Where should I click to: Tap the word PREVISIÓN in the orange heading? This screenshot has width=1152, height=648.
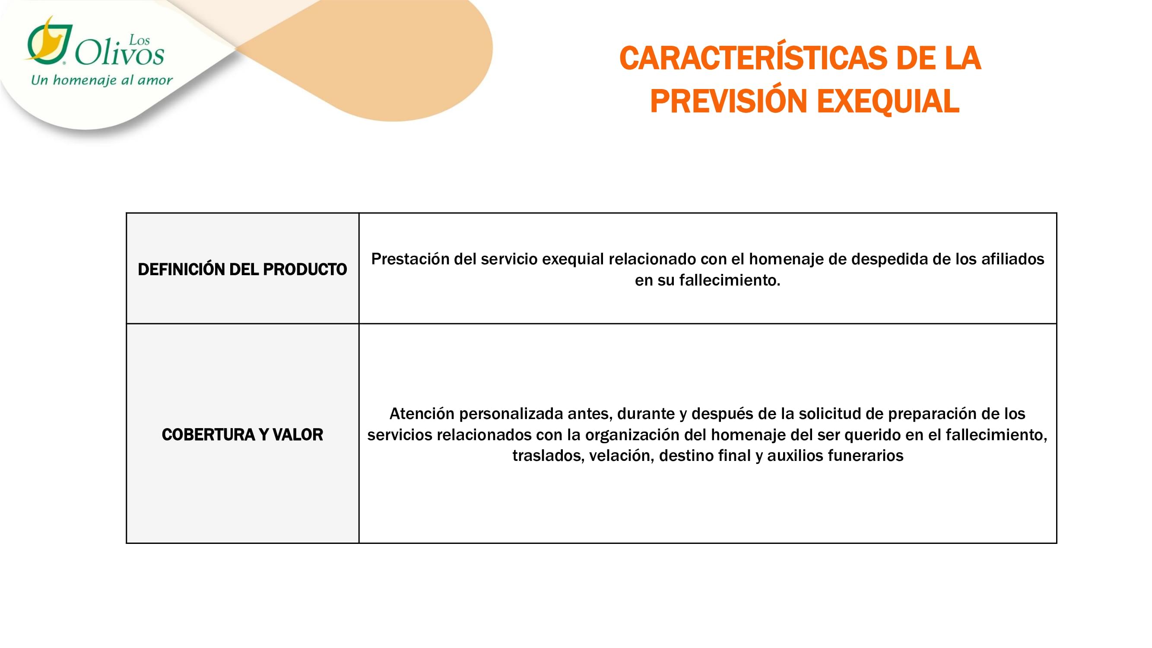coord(729,101)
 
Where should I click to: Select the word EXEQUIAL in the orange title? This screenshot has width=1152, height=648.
coord(888,101)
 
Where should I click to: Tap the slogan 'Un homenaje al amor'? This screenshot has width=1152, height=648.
coord(102,80)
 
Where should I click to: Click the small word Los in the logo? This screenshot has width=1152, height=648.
coord(139,40)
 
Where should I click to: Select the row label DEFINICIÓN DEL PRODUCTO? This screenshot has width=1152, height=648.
coord(242,269)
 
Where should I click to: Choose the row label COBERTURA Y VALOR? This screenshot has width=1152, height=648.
coord(242,435)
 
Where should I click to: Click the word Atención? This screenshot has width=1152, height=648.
coord(422,414)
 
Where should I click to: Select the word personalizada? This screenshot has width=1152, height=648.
coord(511,414)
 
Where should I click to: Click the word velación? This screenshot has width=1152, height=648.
coord(622,456)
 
